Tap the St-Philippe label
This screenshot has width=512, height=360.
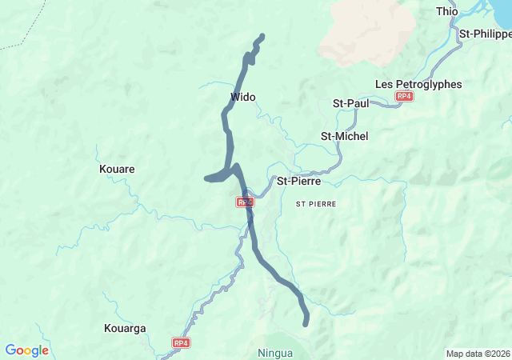pyautogui.click(x=486, y=34)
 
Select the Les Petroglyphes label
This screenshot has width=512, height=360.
pyautogui.click(x=418, y=84)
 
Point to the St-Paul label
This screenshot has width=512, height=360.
pyautogui.click(x=350, y=103)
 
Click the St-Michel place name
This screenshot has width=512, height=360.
pyautogui.click(x=344, y=136)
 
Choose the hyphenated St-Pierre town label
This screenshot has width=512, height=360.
pyautogui.click(x=298, y=181)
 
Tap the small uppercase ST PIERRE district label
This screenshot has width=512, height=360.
pyautogui.click(x=316, y=205)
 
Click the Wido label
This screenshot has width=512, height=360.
pyautogui.click(x=242, y=98)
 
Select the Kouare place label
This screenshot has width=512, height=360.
pyautogui.click(x=117, y=170)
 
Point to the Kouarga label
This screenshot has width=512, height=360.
pyautogui.click(x=125, y=328)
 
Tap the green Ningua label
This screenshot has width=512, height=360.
pyautogui.click(x=275, y=353)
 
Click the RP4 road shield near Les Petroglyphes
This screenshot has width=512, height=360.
pyautogui.click(x=404, y=97)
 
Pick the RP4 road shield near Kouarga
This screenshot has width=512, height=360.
pyautogui.click(x=181, y=343)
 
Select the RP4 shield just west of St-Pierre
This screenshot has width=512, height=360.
pyautogui.click(x=244, y=202)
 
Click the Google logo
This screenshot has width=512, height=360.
pyautogui.click(x=26, y=350)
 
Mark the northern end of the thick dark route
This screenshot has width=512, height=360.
pyautogui.click(x=262, y=36)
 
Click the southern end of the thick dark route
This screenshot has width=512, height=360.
pyautogui.click(x=306, y=323)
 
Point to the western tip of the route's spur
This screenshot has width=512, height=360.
pyautogui.click(x=207, y=178)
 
